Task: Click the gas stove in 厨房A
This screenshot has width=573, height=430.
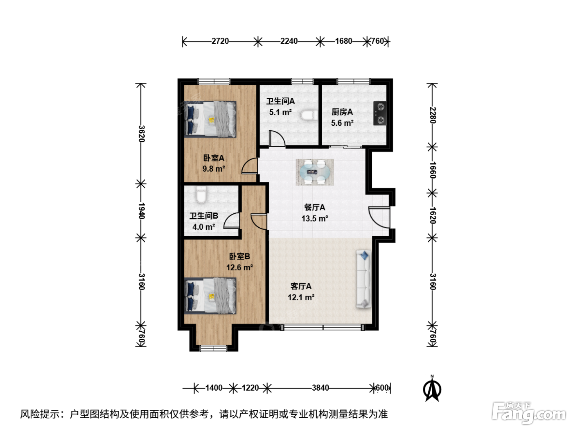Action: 379,113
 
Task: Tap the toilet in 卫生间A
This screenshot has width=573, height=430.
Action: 309,115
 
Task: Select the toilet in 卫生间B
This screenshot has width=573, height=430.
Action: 201,195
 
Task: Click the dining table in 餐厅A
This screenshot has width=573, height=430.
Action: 314,172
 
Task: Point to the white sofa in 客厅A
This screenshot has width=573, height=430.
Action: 364,278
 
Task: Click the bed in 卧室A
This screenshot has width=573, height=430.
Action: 210,119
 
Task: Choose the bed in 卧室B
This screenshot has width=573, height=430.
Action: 210,295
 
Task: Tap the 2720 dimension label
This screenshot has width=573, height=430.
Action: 220,41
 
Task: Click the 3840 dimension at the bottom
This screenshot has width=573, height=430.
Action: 320,388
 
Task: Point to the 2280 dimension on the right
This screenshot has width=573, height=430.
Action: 433,115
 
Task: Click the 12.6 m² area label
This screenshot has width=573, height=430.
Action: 239,267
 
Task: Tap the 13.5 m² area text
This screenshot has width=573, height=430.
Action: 315,218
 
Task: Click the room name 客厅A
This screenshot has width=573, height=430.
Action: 301,286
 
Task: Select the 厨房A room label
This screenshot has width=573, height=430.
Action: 342,112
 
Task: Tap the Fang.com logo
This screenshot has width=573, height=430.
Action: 528,413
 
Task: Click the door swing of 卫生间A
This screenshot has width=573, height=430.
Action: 277,138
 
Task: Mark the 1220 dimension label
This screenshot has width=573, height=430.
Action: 250,388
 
